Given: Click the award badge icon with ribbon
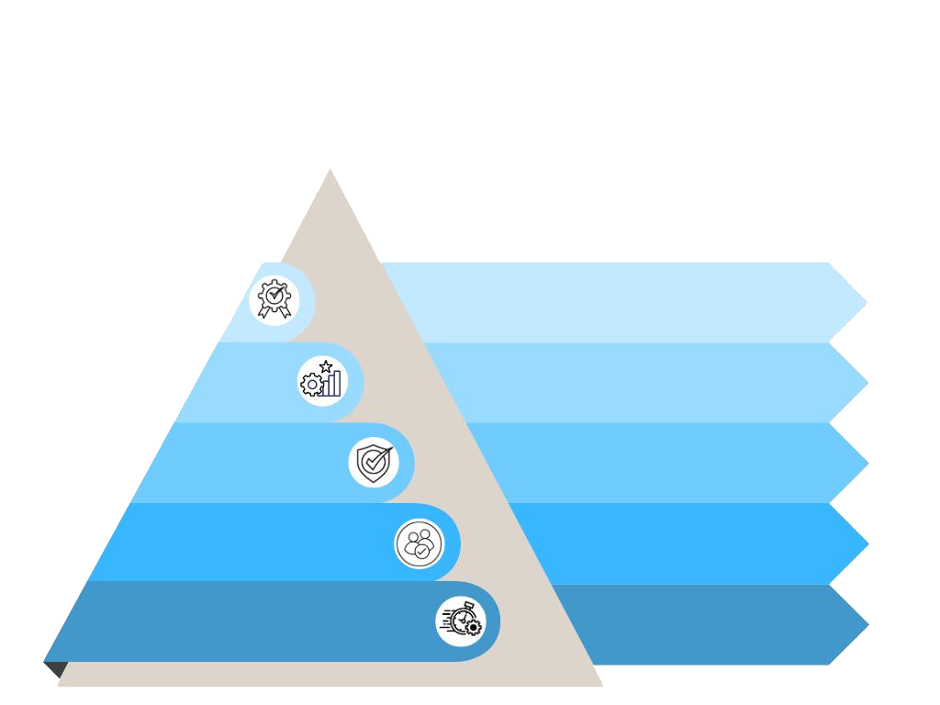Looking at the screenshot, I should click(274, 299).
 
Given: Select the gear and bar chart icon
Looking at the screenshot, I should click(322, 380).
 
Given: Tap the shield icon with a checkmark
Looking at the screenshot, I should click(374, 462).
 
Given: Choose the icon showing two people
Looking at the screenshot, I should click(419, 543).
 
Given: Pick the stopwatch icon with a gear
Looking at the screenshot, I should click(461, 621).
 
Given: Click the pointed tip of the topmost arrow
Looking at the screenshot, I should click(867, 301).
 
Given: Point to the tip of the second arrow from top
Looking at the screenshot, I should click(868, 382).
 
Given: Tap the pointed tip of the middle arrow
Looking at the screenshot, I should click(868, 463).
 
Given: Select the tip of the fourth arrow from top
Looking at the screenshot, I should click(868, 543).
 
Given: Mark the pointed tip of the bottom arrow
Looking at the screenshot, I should click(868, 625).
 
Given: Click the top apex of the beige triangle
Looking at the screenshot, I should click(330, 169).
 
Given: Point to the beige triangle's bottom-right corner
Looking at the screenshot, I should click(602, 685).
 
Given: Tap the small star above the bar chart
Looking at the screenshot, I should click(326, 366).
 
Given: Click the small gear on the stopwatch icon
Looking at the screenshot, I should click(473, 628).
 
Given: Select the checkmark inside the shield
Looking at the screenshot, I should click(374, 460).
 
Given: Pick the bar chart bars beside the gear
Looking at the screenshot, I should click(331, 384).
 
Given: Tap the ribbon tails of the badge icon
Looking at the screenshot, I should click(274, 313).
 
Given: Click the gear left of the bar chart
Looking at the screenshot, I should click(311, 385).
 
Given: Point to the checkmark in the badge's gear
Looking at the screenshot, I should click(274, 295).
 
